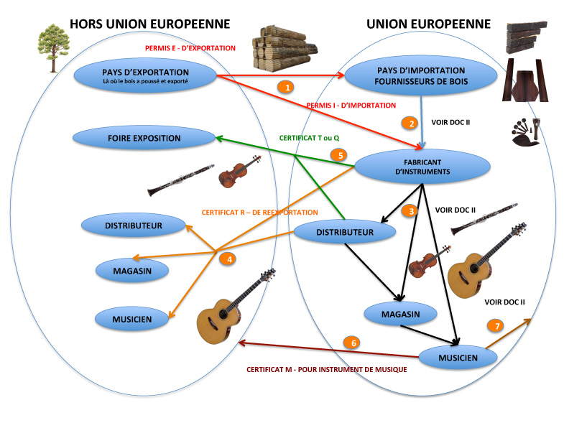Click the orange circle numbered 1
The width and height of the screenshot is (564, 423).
click(x=287, y=87)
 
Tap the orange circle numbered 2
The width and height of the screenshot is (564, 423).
click(x=410, y=123)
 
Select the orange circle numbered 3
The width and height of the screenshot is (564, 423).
click(x=410, y=211)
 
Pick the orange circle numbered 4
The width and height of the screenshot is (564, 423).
click(x=228, y=259)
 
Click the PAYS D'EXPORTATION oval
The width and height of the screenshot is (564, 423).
click(x=145, y=75)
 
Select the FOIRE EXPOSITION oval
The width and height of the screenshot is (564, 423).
click(x=144, y=137)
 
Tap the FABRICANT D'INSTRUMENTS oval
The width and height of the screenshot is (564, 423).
click(x=422, y=167)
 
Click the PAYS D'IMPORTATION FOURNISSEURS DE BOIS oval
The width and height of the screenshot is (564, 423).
click(x=420, y=76)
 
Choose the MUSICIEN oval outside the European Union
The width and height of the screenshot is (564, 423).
click(x=131, y=317)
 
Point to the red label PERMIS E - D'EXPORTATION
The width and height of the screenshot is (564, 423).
click(x=190, y=48)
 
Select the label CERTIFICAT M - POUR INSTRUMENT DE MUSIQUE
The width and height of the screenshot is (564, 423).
click(x=327, y=369)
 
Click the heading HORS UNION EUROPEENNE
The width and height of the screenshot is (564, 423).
click(x=149, y=24)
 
